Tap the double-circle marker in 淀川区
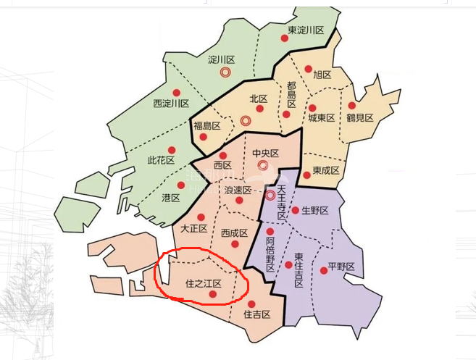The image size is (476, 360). (225, 72)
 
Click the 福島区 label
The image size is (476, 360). (206, 126)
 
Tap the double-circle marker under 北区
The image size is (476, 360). (246, 120)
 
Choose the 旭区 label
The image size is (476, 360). (322, 75)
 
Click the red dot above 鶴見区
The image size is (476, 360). (352, 106)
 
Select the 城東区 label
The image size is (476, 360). (321, 117)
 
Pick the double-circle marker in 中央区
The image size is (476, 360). (264, 165)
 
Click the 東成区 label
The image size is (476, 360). (326, 171)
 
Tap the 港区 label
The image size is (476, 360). (171, 198)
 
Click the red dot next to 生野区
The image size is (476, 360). (296, 210)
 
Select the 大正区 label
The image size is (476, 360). (194, 228)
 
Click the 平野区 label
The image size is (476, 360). (341, 266)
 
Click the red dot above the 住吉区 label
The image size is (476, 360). (251, 304)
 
